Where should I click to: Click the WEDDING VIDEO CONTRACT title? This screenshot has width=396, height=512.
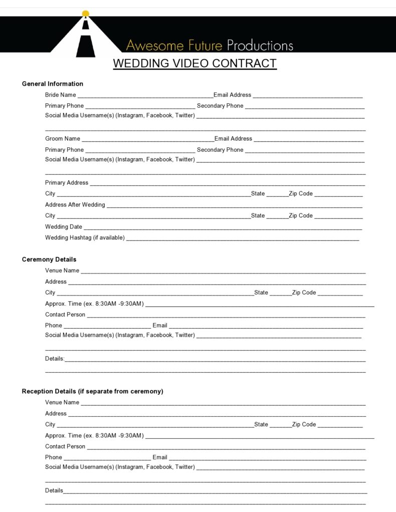click(194, 64)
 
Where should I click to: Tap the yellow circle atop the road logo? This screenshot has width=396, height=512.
click(85, 13)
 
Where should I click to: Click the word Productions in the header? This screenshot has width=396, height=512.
click(260, 46)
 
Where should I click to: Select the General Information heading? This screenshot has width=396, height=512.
click(53, 84)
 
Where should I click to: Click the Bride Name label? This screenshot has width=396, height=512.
click(61, 95)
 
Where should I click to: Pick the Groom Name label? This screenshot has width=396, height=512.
click(63, 139)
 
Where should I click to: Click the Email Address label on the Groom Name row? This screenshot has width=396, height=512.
click(233, 139)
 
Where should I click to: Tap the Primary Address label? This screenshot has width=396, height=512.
click(67, 183)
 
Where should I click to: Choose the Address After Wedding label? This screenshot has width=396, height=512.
click(75, 205)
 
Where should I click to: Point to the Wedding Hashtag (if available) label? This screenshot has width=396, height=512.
click(85, 238)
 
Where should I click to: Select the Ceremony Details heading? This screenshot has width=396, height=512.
click(49, 260)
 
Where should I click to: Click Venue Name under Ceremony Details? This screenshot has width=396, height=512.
click(62, 271)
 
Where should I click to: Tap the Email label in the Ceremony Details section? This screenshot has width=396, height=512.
click(160, 326)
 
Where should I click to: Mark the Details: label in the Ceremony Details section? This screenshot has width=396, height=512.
click(55, 359)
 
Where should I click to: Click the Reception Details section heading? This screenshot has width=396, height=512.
click(93, 391)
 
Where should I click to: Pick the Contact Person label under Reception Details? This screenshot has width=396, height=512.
click(65, 446)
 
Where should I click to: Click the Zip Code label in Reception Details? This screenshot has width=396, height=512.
click(304, 424)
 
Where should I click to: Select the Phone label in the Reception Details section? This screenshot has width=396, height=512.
click(54, 457)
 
